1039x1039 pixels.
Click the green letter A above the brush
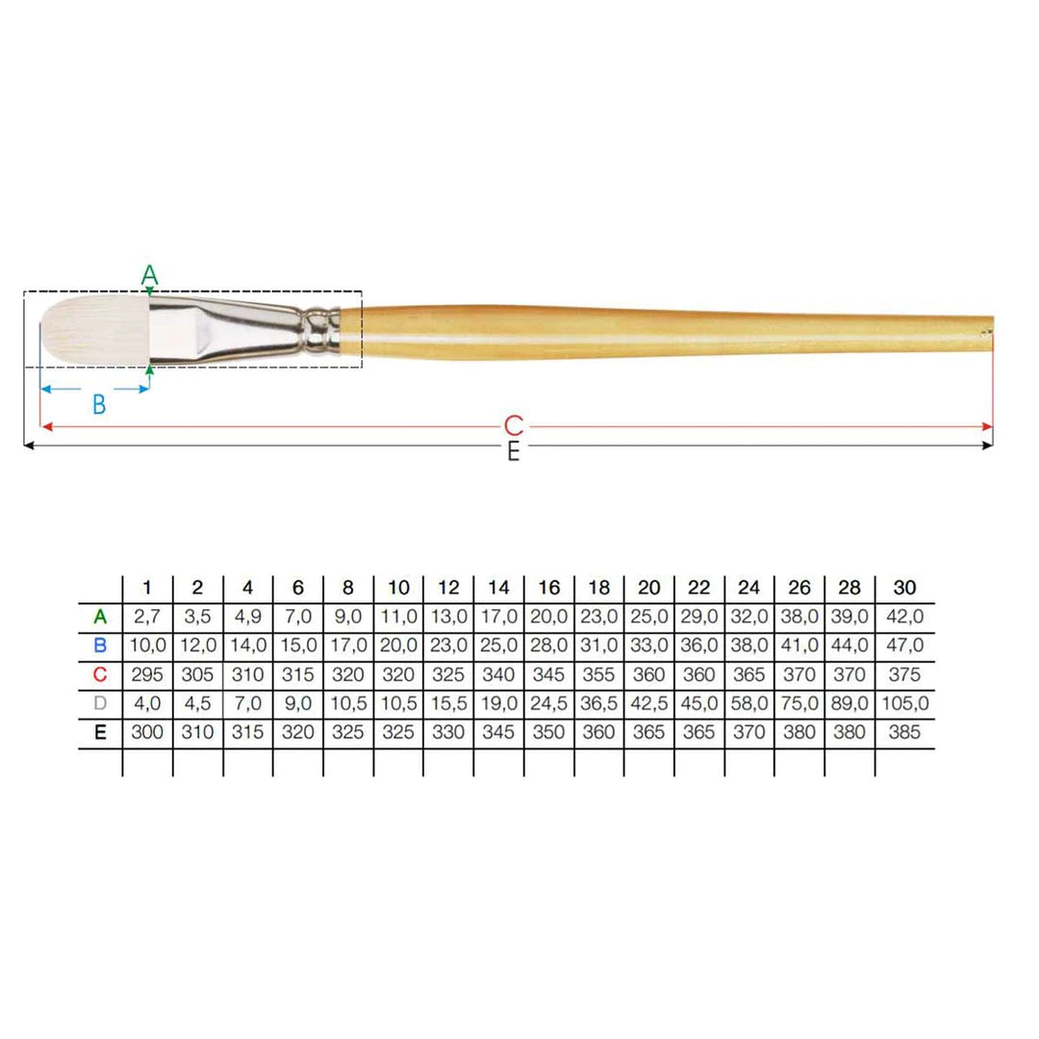[150, 273]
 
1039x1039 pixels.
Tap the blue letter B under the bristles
[99, 404]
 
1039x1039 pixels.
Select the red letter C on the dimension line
[514, 426]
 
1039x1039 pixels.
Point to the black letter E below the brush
[514, 452]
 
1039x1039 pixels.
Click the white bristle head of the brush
[94, 329]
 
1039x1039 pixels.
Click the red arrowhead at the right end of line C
[987, 427]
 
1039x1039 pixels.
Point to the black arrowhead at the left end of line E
[29, 445]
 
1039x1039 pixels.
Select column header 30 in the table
[904, 588]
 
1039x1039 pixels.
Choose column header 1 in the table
[147, 588]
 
